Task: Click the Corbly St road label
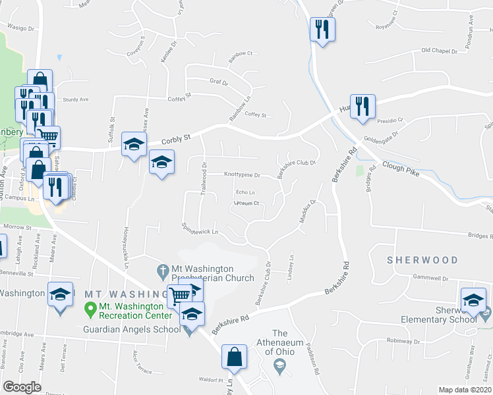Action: click(177, 138)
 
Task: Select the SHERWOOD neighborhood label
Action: click(422, 260)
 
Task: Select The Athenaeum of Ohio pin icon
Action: click(280, 369)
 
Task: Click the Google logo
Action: click(22, 387)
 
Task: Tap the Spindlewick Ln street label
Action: click(200, 228)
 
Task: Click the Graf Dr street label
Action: click(218, 83)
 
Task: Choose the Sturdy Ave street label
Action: click(75, 100)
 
